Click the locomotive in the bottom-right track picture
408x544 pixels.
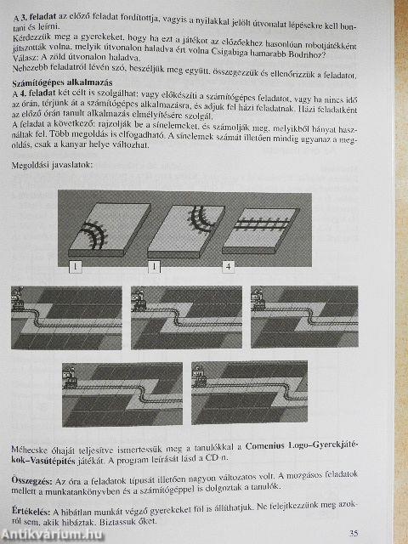(x=199, y=376)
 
